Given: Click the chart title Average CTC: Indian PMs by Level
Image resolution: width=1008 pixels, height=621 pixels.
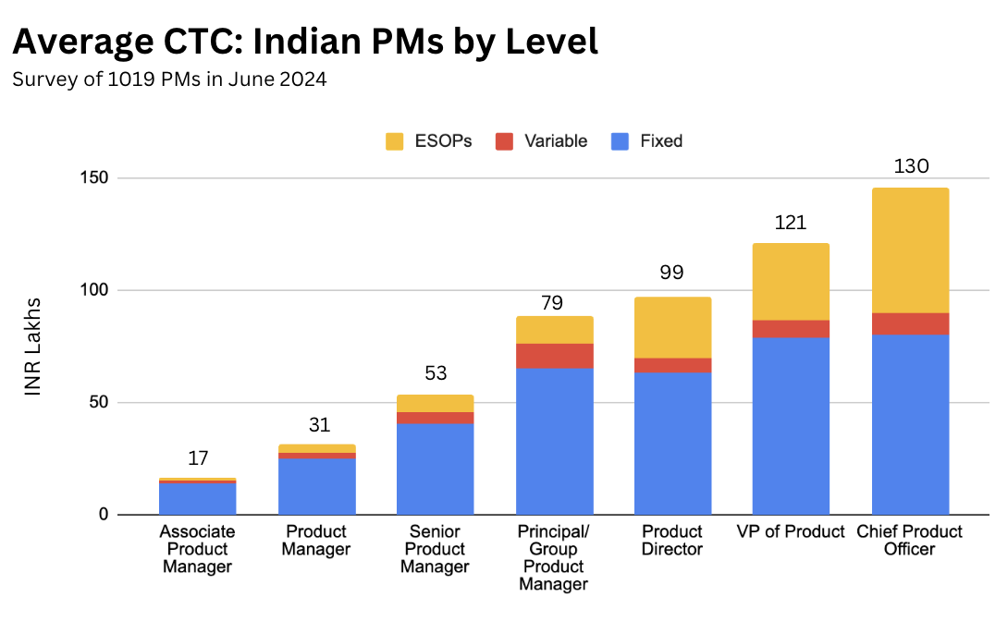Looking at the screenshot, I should [305, 42].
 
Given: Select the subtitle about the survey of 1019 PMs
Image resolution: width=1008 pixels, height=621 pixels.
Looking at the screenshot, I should [169, 80].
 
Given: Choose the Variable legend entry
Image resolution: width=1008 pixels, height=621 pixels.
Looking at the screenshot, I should [541, 141].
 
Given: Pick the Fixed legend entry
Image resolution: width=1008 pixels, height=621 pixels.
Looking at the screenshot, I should [646, 141].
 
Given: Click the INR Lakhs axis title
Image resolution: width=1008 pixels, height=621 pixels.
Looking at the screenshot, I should [33, 347].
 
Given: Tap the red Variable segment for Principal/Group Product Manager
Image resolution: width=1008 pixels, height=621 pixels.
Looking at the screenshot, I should [555, 356].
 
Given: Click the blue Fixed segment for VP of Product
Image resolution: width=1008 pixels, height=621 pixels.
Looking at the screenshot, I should [791, 425].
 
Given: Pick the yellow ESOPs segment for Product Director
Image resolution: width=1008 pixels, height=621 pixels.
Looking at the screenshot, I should [672, 327].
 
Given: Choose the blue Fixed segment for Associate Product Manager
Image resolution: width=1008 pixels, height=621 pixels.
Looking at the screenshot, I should [198, 499].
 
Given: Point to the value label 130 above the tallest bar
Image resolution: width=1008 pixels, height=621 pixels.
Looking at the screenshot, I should [910, 167].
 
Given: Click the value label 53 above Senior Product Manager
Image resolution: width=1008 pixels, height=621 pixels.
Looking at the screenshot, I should [435, 374].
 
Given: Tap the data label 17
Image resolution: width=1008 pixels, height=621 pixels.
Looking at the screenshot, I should [198, 458].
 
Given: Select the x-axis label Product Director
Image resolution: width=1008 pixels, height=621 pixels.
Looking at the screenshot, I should [672, 541].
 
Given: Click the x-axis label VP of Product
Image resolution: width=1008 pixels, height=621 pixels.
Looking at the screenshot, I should [791, 531].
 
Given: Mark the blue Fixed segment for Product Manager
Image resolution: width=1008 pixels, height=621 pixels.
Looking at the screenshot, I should [316, 486].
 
